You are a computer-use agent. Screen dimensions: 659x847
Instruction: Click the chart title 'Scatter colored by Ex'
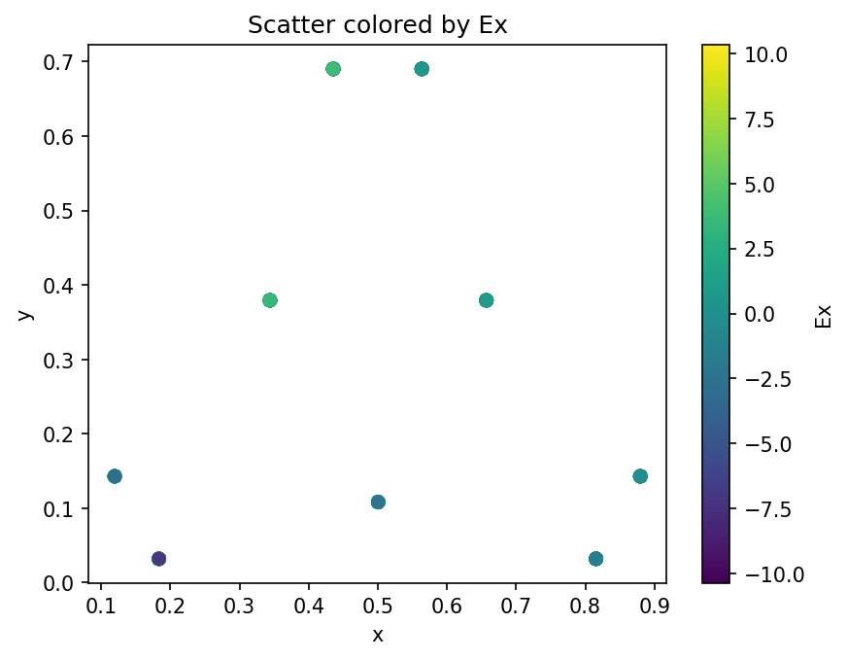[x=377, y=26]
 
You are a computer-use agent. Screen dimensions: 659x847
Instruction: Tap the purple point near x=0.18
[x=159, y=559]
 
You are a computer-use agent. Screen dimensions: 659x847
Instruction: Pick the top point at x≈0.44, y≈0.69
[x=333, y=69]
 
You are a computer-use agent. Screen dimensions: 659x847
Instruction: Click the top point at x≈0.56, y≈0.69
[x=422, y=69]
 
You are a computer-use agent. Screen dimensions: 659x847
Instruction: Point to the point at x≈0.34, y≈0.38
[x=270, y=300]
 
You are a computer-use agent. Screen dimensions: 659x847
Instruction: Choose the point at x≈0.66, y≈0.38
[x=487, y=300]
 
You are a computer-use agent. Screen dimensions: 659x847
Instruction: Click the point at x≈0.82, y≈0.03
[x=596, y=559]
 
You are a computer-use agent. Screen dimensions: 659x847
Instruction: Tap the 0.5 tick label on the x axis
[x=378, y=607]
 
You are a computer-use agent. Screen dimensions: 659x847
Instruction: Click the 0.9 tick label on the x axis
[x=654, y=607]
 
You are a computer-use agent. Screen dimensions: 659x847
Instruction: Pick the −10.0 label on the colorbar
[x=764, y=573]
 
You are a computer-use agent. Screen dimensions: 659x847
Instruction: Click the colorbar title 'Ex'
[x=824, y=316]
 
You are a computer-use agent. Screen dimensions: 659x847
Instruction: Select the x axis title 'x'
[x=377, y=636]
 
